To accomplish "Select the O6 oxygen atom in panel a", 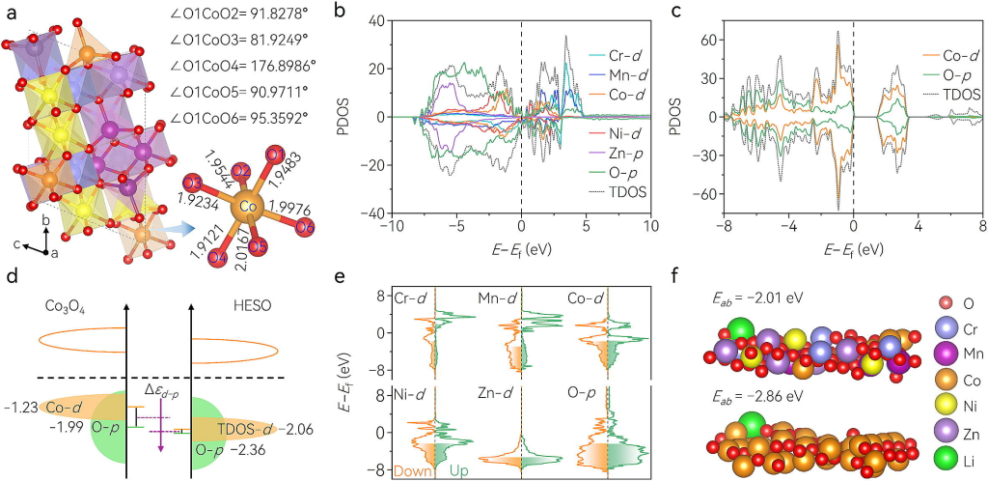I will pyautogui.click(x=308, y=228).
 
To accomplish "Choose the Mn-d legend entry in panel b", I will pyautogui.click(x=617, y=73).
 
